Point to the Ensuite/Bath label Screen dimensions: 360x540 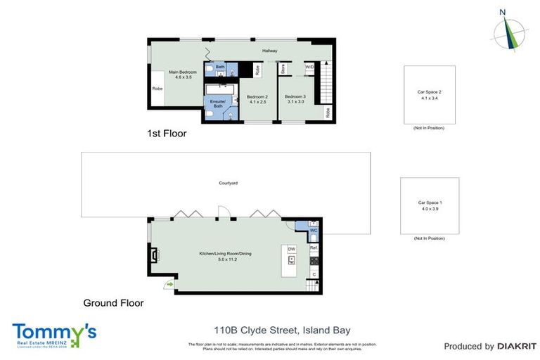[219, 103]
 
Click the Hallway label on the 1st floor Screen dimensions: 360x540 [270, 51]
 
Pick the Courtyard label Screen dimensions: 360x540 [229, 183]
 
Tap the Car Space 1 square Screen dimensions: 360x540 [429, 205]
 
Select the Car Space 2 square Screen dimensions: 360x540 [429, 95]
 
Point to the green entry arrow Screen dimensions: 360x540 [169, 283]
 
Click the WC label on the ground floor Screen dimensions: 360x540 [314, 231]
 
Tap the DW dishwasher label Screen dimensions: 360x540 [291, 249]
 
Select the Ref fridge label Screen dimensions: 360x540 [314, 248]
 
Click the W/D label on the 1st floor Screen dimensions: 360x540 [309, 67]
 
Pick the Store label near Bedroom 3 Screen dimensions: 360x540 [283, 69]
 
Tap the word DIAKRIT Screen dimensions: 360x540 [517, 346]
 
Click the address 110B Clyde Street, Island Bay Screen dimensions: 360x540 [282, 330]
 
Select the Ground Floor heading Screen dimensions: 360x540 [113, 303]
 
